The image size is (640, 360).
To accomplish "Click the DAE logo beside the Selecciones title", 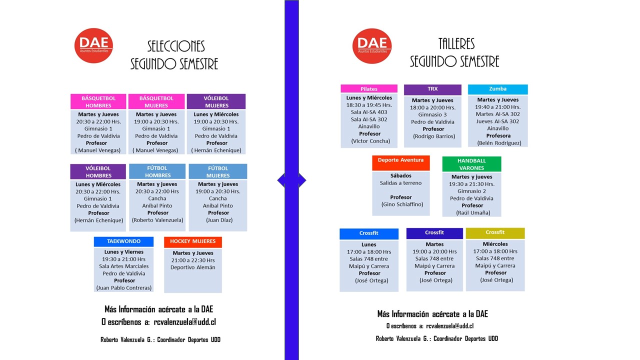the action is tap(93, 45).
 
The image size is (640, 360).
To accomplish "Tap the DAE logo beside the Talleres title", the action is tap(371, 45).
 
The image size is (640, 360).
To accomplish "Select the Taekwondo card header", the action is tap(123, 241).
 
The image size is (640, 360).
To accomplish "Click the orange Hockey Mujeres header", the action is tap(193, 241).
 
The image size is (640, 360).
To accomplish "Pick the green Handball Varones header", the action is tap(471, 164).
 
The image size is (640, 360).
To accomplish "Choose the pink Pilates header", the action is tap(369, 88).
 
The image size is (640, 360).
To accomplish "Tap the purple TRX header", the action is tap(432, 89).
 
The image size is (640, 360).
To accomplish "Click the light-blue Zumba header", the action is tap(497, 89).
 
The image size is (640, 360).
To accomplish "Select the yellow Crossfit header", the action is tap(495, 233).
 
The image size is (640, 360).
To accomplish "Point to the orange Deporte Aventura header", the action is tap(401, 163).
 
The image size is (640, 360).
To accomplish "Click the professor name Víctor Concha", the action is tap(370, 141).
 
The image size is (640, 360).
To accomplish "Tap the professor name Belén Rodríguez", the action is tap(499, 143).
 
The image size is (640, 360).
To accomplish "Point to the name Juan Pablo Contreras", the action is tap(124, 287).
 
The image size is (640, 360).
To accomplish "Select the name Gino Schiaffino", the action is tap(402, 204).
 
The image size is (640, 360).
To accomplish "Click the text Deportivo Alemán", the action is tap(193, 267).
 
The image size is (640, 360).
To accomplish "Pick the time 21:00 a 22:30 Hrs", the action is tap(193, 260).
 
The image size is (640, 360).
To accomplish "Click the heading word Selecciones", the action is tap(176, 46).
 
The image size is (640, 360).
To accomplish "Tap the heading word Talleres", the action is tap(456, 44).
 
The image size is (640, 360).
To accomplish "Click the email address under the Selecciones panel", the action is tap(184, 322).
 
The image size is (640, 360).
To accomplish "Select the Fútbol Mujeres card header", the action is tap(218, 171).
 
